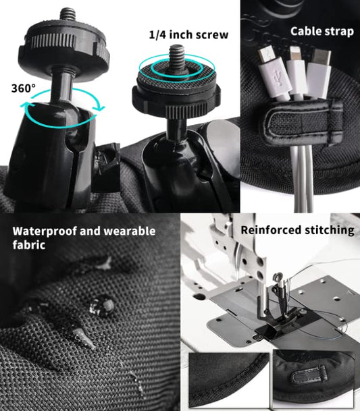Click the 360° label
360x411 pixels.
(24, 88)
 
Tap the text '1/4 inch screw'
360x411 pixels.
(188, 34)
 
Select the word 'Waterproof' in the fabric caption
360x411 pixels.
(45, 231)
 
